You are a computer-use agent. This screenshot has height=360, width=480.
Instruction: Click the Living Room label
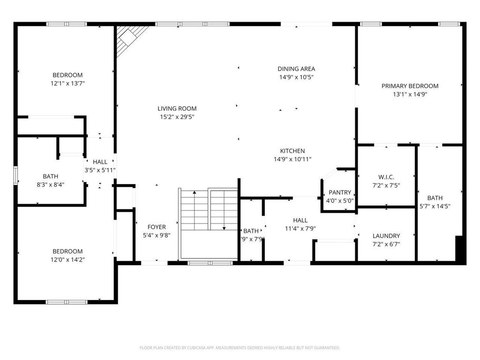(177, 108)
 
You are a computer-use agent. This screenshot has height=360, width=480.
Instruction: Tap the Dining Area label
(296, 69)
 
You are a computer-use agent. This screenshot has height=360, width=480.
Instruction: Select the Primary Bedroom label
(410, 86)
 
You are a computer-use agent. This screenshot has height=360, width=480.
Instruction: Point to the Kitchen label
(292, 151)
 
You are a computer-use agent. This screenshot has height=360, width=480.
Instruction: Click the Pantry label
(340, 193)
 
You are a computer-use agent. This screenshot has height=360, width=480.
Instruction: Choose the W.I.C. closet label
(386, 177)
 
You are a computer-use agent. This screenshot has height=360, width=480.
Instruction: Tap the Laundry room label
(386, 236)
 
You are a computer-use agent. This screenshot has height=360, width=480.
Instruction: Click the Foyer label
(157, 227)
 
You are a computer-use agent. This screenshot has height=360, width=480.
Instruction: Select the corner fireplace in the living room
(129, 39)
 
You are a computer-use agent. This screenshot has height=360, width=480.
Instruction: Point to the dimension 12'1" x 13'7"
(67, 83)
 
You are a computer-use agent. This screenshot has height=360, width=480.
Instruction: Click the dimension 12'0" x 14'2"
(67, 259)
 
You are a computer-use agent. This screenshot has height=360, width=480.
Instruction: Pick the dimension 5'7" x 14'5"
(435, 206)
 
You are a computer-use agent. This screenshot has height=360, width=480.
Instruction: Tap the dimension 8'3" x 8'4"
(51, 184)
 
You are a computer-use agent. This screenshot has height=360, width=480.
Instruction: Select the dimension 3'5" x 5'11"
(100, 170)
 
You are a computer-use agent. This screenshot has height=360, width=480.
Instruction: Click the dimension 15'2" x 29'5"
(177, 116)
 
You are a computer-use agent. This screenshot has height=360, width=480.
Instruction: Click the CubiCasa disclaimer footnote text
(240, 348)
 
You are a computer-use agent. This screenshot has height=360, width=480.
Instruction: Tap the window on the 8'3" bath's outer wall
(15, 176)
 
